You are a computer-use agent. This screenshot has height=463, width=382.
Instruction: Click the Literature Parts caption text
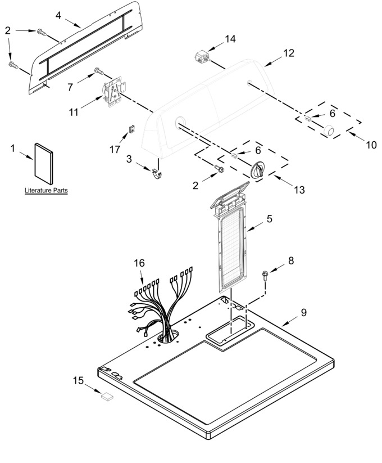46,191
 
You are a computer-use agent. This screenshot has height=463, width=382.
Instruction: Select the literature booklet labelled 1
44,164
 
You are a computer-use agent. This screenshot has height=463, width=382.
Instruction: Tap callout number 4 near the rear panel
58,15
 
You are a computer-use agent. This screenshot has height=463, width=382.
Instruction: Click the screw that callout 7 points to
99,71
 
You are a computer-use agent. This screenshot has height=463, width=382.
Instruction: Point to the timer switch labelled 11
115,91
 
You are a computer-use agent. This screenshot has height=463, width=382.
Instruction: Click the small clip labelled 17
132,129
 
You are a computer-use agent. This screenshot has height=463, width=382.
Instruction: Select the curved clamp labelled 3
157,175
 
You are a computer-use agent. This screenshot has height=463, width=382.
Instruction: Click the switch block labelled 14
202,57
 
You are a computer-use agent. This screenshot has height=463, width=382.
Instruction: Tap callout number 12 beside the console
289,53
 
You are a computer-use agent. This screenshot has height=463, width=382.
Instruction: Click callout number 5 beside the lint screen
270,219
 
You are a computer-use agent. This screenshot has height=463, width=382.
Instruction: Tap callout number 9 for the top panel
303,312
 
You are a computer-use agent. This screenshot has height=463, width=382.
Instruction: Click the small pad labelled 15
107,395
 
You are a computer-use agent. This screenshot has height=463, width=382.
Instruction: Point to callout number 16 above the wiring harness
139,263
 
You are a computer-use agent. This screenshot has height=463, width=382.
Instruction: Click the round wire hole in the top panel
168,336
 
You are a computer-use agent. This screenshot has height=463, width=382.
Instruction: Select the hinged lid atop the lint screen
230,194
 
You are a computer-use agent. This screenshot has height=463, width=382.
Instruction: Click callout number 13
299,190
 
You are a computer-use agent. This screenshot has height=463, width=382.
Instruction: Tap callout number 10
371,145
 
